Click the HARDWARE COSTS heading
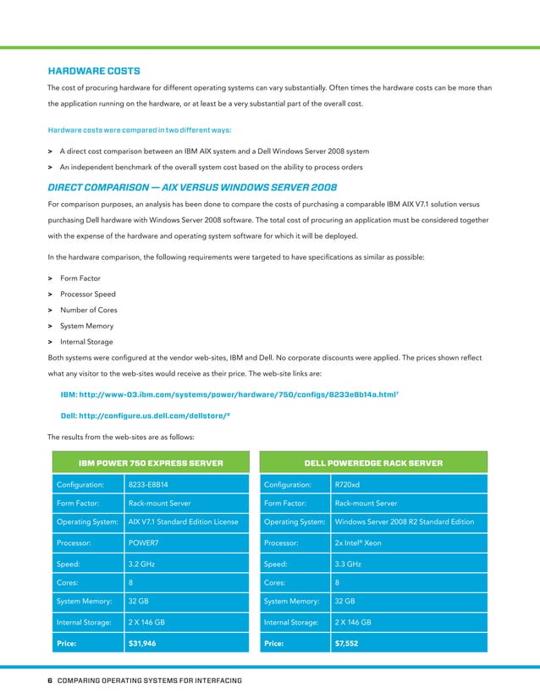click(x=94, y=70)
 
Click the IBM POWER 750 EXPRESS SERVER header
click(x=151, y=463)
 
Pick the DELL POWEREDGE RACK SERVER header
click(x=373, y=463)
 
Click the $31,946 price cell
click(x=141, y=643)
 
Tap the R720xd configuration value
click(x=348, y=485)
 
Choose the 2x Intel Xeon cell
click(x=359, y=542)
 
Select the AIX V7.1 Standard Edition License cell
click(x=183, y=521)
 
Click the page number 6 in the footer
click(x=50, y=680)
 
